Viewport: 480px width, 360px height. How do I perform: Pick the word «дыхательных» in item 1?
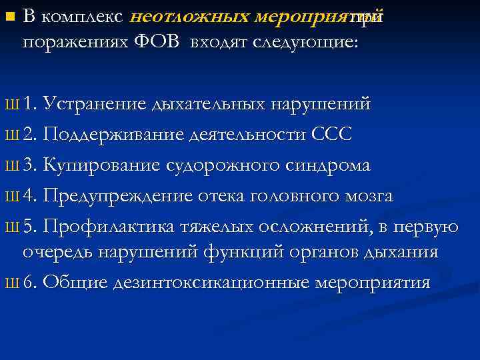tap(211, 105)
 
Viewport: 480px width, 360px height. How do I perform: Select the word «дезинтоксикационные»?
tap(212, 282)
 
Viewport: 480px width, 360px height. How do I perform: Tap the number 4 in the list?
tap(27, 197)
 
